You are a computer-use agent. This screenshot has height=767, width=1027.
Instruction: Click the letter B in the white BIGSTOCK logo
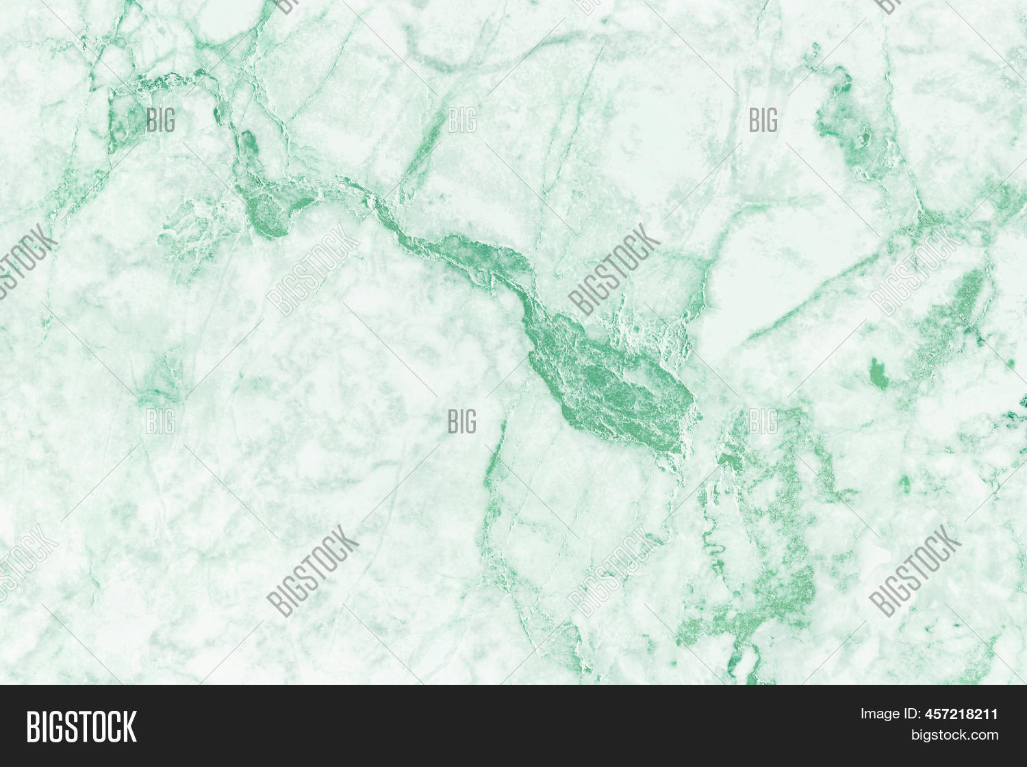33,727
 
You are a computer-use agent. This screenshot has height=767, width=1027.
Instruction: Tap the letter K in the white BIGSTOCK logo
128,727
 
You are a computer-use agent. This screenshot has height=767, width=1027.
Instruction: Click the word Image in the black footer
879,714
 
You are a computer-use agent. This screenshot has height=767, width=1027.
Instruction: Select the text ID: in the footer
911,714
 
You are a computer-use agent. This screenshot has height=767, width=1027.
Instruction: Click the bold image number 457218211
961,714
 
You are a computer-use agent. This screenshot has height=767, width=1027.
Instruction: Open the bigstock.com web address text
954,735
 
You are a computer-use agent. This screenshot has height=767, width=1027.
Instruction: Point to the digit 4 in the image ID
929,714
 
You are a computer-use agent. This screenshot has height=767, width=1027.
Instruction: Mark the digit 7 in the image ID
946,714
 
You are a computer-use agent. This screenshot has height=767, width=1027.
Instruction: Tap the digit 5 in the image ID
937,714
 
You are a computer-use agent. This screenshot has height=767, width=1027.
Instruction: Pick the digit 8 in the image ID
970,714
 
